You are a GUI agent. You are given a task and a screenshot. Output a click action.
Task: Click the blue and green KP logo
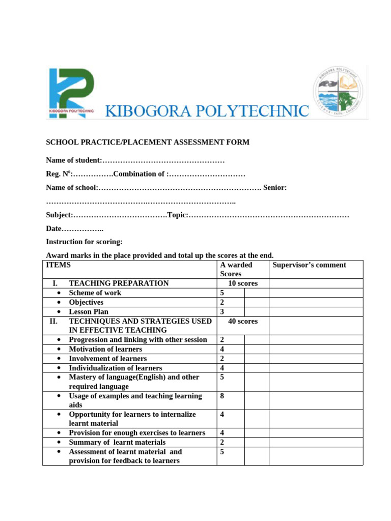coord(71,93)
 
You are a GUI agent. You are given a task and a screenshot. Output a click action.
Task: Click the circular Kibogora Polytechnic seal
coord(341,93)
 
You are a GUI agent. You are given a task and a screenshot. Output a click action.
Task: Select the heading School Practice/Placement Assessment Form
coord(148,142)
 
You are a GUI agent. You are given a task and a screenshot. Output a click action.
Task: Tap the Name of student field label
coord(74,160)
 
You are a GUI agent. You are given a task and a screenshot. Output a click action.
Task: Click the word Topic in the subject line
coord(177,215)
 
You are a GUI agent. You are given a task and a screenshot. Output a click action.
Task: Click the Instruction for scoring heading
coord(84,242)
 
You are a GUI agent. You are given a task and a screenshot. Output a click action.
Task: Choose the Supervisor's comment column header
coord(309,265)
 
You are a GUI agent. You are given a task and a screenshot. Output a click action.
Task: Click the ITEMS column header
coord(59,265)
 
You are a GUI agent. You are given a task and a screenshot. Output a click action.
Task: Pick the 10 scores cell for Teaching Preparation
coord(243,283)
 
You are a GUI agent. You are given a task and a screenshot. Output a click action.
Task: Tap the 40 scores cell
coord(243,322)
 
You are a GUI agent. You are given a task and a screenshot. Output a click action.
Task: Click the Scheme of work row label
coord(95,293)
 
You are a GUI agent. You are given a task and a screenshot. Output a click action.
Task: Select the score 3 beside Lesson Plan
coord(222,312)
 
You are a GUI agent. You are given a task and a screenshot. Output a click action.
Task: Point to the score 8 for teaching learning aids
coord(222,396)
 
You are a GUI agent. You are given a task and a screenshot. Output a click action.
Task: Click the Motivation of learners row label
coord(105,350)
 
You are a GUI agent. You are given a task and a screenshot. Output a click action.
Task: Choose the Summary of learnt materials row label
coord(117,442)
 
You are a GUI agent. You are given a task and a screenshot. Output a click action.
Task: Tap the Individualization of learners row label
coord(115,368)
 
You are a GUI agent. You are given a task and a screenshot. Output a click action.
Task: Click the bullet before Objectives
coord(60,303)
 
